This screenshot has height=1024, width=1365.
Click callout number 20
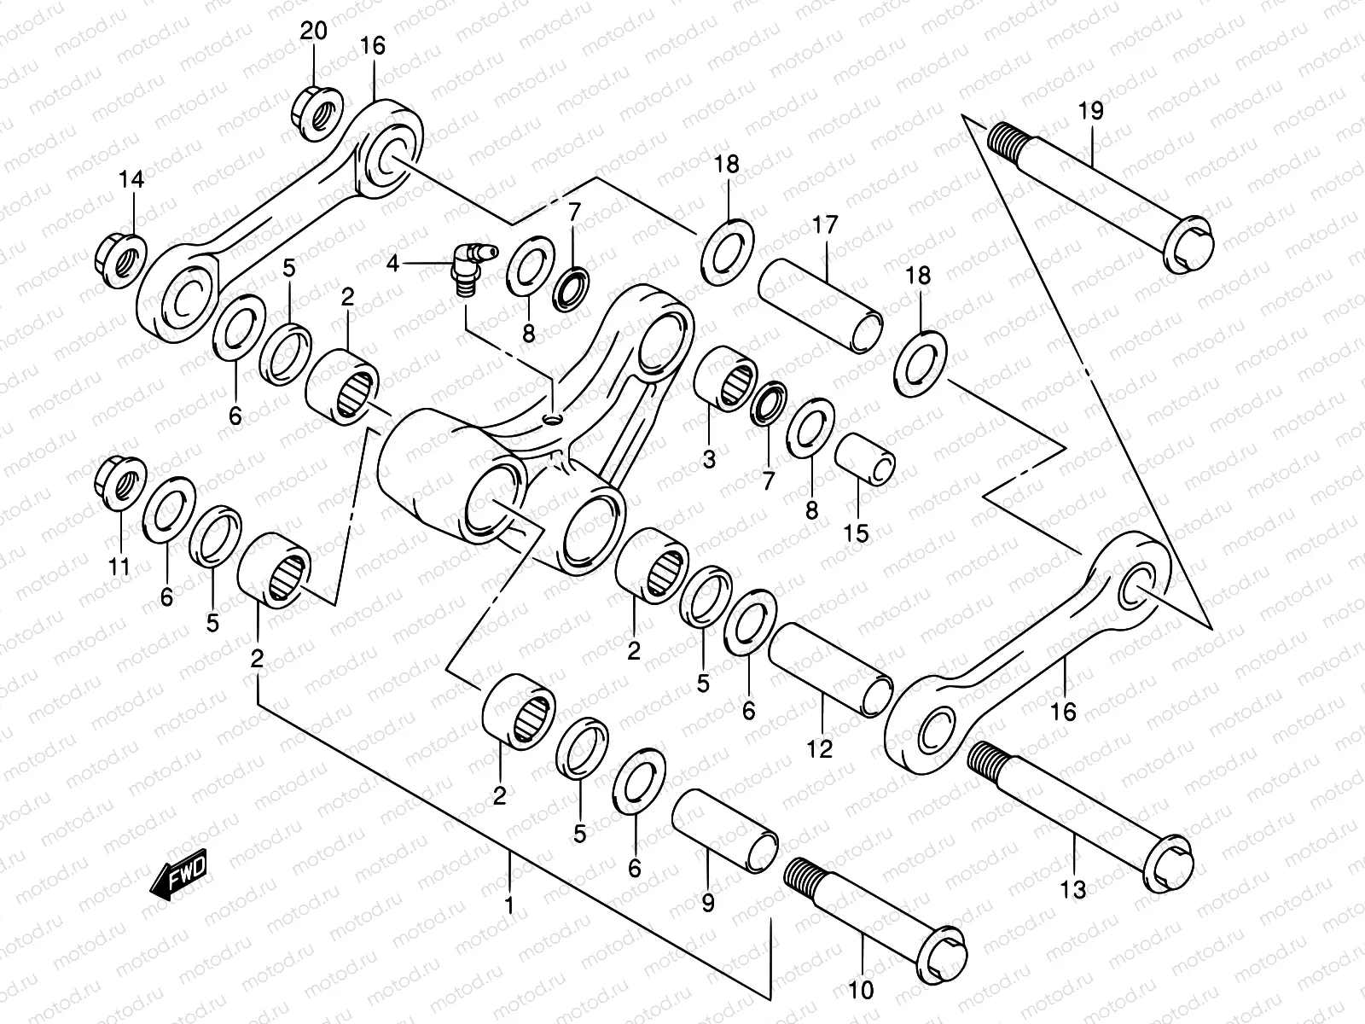313,32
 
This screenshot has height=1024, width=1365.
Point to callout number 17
825,225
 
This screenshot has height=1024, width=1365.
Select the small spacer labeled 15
865,457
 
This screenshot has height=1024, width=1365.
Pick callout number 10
863,992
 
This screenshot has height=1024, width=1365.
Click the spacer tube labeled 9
725,832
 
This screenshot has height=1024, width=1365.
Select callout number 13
1074,890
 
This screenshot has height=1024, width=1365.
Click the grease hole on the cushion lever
553,420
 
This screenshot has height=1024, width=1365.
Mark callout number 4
392,265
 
